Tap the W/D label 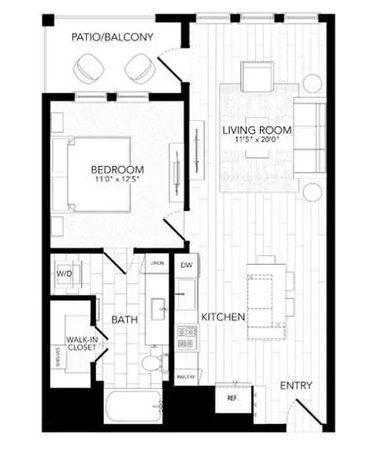coord(65,275)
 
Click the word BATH coord(123,319)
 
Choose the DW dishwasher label coord(186,265)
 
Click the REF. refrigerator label coord(233,398)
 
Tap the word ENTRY coord(296,386)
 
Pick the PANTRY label coord(185,375)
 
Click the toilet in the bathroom coord(151,364)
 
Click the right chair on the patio coord(137,67)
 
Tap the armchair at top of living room coord(258,76)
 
